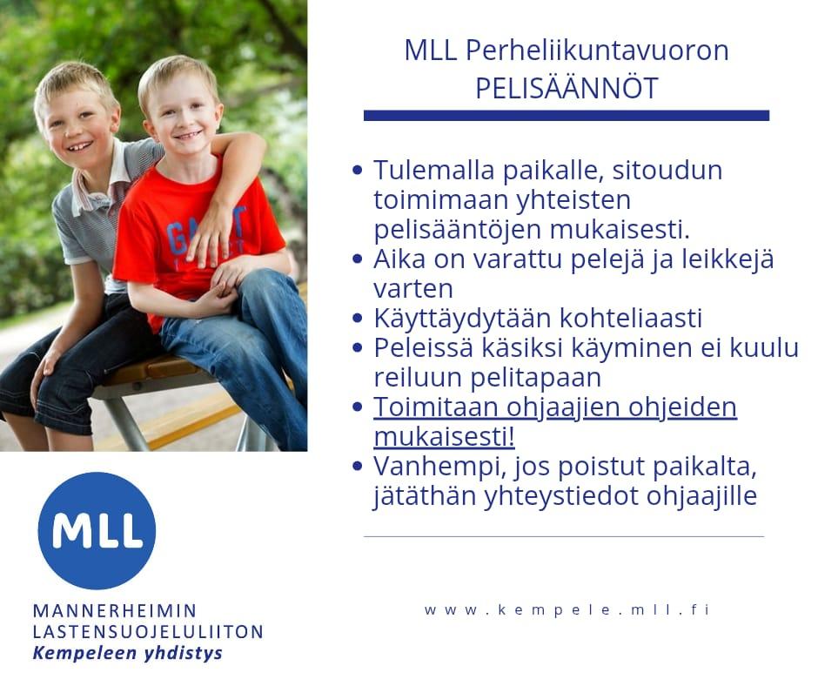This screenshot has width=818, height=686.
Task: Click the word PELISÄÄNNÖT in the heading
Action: (567, 88)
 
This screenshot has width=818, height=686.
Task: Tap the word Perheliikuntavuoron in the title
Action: (597, 51)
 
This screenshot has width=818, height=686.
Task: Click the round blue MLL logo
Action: (97, 530)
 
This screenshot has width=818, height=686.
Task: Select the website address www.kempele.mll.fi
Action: (567, 609)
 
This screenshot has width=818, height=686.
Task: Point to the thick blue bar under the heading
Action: (567, 116)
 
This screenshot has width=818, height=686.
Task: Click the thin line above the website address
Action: (564, 536)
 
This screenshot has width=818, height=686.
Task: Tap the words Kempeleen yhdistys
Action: (127, 653)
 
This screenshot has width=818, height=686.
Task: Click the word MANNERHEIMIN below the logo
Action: (115, 610)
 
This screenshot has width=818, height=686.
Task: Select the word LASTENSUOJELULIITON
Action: (148, 632)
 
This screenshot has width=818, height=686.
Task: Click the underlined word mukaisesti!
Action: (445, 437)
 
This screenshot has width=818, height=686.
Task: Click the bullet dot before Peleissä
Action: (358, 347)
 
